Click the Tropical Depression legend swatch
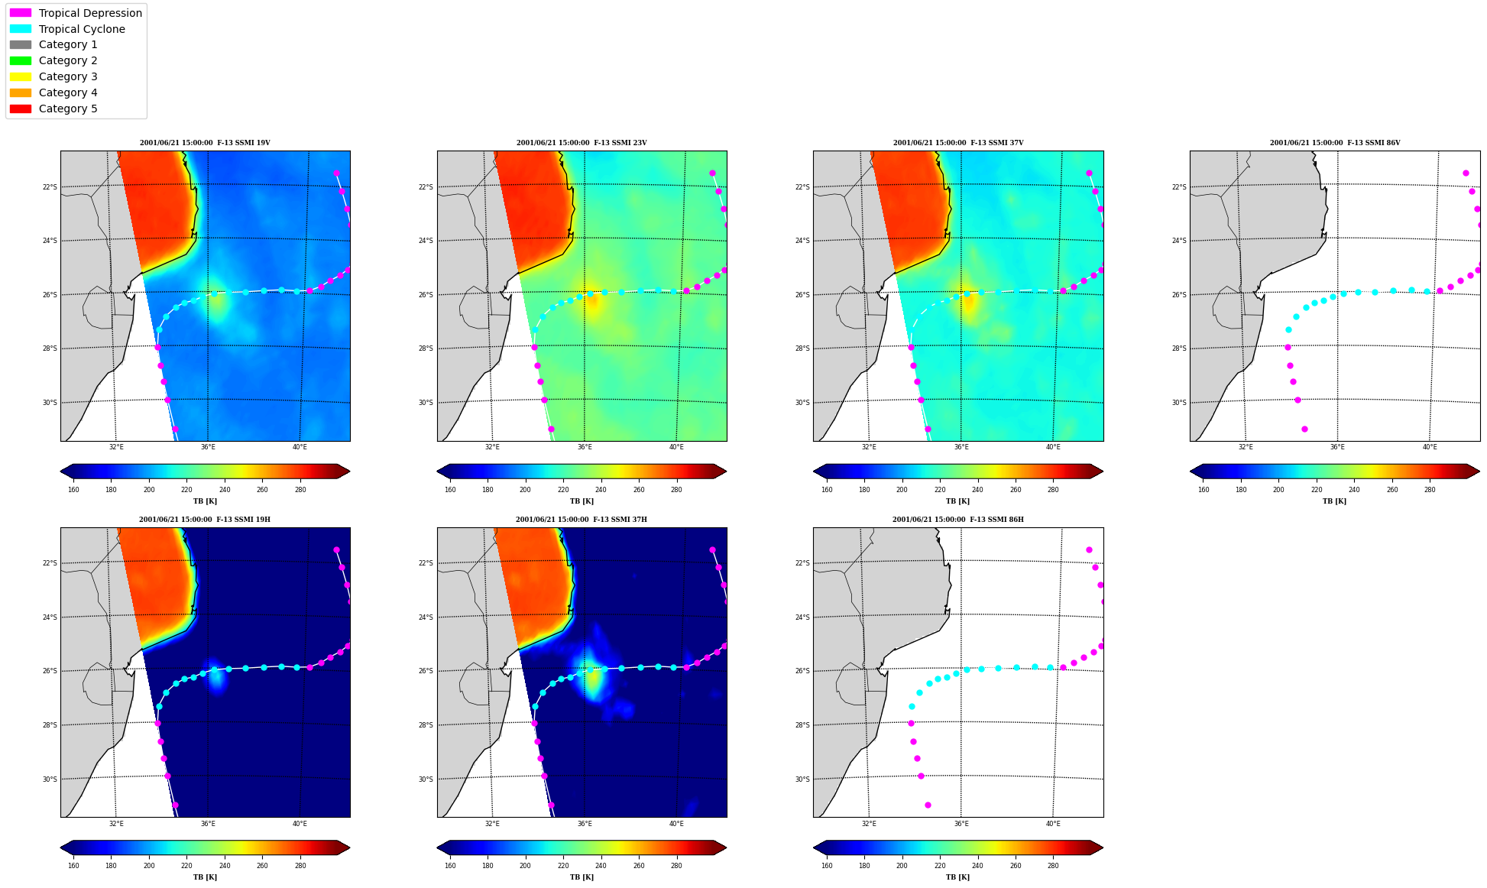click(21, 13)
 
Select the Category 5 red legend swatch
click(21, 109)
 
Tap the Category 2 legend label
click(68, 60)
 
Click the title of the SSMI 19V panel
click(205, 143)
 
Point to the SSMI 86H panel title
click(958, 520)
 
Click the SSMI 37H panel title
click(582, 520)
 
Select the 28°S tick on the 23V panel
click(426, 348)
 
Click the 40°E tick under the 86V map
click(1430, 447)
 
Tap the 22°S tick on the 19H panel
click(49, 563)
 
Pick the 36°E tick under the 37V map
click(961, 447)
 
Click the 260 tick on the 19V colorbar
click(262, 490)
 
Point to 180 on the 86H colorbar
click(864, 866)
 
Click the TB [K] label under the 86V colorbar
click(1335, 501)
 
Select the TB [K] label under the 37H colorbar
click(582, 877)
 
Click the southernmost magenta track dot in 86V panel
click(1304, 429)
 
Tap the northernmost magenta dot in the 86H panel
click(1089, 549)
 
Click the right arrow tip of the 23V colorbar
click(727, 471)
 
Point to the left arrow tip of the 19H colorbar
click(60, 847)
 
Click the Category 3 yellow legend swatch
click(21, 76)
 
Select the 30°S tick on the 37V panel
click(802, 403)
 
